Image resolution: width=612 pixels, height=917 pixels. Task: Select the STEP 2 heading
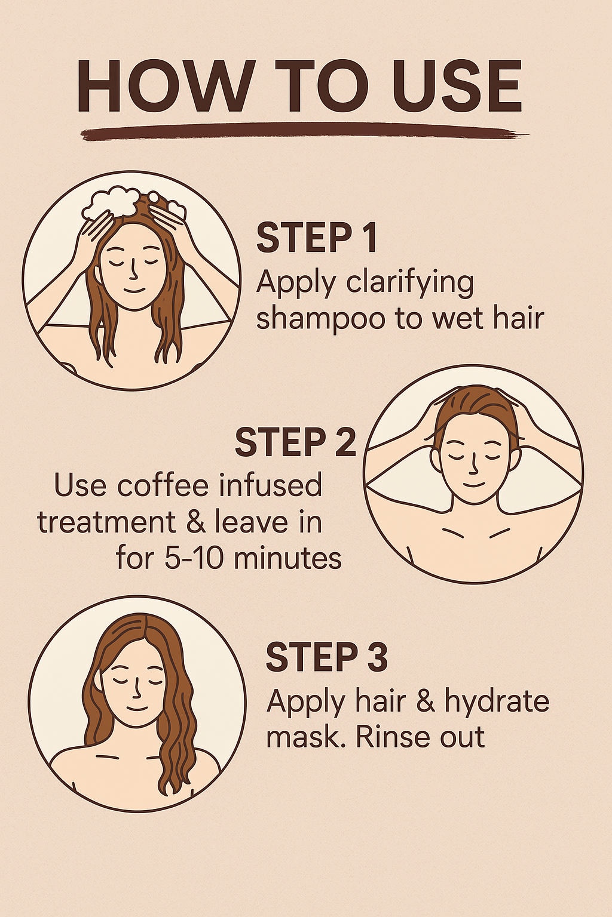coord(295,442)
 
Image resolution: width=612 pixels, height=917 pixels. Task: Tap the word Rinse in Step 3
coord(391,737)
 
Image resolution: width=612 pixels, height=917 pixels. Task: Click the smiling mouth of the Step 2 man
coord(474,484)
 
